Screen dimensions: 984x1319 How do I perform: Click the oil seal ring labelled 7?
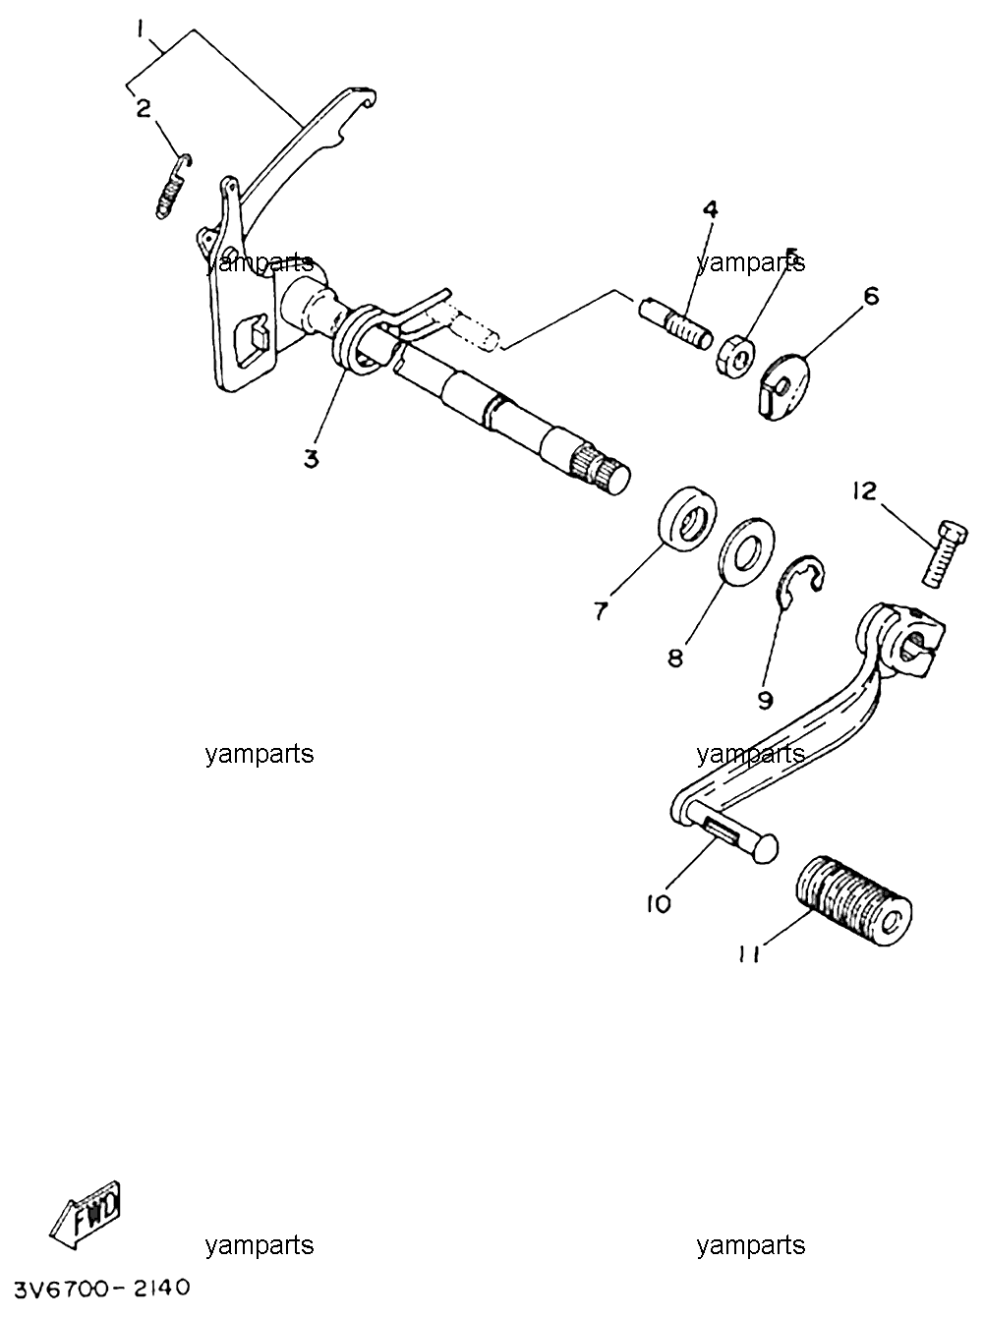coord(688,517)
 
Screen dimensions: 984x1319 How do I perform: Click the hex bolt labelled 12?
coord(945,553)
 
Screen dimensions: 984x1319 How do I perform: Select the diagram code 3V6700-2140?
coord(101,1289)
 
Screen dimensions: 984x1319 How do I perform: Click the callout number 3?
coord(310,460)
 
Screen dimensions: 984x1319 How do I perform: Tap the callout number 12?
coord(864,491)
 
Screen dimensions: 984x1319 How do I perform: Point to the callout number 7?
coord(602,610)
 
